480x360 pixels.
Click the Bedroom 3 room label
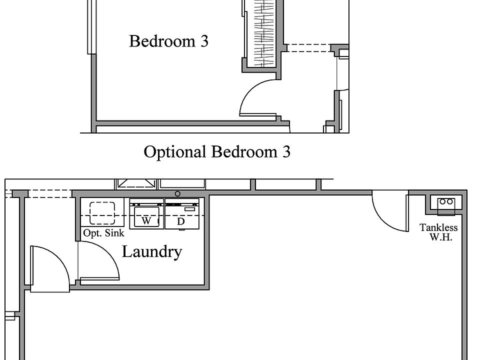click(x=168, y=41)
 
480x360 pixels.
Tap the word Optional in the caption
click(x=175, y=151)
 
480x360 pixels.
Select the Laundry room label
click(x=151, y=251)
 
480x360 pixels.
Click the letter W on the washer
click(x=146, y=220)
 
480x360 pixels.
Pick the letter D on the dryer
click(x=181, y=221)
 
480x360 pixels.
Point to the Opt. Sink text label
click(x=103, y=233)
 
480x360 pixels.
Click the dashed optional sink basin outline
click(x=102, y=213)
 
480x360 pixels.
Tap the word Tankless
click(x=438, y=227)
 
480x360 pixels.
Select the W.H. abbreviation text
click(x=441, y=237)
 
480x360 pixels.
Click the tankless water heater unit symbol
click(x=445, y=202)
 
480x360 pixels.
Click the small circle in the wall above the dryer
click(x=177, y=193)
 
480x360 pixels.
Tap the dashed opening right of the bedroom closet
click(x=308, y=48)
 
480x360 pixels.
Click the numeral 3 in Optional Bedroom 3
click(x=285, y=151)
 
